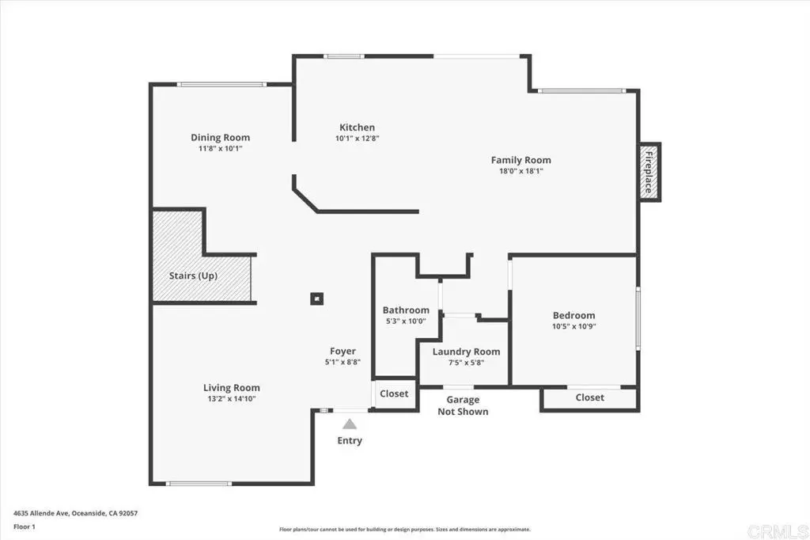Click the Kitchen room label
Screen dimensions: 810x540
(357, 127)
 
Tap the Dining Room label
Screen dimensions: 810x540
(220, 138)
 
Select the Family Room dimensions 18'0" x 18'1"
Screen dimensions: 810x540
(520, 171)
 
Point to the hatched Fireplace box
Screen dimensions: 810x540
(650, 172)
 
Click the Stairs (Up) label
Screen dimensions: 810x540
(193, 276)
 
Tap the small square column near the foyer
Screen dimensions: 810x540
(316, 299)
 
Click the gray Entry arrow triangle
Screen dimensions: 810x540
(350, 424)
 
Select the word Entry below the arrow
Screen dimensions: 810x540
(350, 441)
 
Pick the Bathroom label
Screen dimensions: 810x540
(406, 310)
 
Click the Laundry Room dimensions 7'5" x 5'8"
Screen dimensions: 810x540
(466, 363)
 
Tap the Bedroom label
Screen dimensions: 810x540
(574, 315)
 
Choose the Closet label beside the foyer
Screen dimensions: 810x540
(394, 394)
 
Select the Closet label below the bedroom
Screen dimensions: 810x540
(589, 397)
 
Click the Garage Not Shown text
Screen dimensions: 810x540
(463, 405)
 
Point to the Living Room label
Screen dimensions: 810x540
(232, 388)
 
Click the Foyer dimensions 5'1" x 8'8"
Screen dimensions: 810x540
(343, 363)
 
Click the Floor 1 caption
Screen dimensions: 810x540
(25, 527)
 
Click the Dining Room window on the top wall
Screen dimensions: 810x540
(221, 84)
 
